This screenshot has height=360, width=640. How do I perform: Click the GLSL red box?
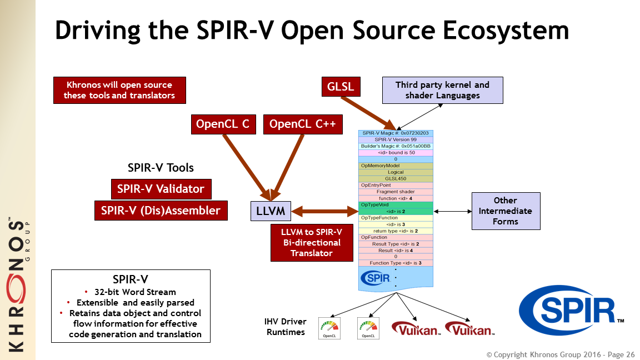coord(341,87)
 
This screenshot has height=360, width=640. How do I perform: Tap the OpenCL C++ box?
coord(302,124)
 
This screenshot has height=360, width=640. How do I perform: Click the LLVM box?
coord(271,211)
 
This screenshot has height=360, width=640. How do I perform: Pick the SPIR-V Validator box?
coord(161,189)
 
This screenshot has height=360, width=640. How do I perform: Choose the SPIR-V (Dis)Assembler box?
coord(161,211)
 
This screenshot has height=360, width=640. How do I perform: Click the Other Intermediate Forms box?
coord(505,211)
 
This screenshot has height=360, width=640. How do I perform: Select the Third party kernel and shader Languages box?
coord(442,91)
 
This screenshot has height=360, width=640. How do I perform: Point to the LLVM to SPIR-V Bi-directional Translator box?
coord(311,242)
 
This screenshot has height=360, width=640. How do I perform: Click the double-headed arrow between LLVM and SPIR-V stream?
coord(324,211)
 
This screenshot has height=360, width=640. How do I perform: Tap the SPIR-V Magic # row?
coord(396,133)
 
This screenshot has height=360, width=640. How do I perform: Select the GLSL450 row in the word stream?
coord(396,179)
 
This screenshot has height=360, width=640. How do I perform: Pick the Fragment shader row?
coord(396,192)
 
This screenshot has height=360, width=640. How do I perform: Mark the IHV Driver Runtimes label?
coord(286,327)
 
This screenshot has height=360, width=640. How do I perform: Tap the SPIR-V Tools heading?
coord(161,168)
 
